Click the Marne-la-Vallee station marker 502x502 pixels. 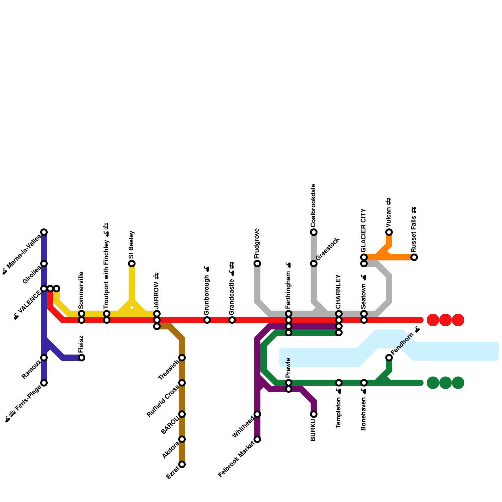point(44,232)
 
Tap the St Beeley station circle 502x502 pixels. point(132,264)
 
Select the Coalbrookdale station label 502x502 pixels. point(313,206)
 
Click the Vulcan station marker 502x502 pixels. point(389,232)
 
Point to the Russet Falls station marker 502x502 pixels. point(414,257)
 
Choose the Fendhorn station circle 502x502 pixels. point(389,358)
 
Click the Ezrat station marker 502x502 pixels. point(182,464)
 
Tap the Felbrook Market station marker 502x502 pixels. point(257,439)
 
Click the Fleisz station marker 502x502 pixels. point(82,358)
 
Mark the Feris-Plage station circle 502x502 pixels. point(44,383)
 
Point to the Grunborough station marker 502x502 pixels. point(207,320)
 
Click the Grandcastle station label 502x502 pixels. point(232,289)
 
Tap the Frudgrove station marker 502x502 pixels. point(257,264)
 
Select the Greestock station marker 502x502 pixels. point(314,264)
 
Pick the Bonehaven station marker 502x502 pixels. point(364,383)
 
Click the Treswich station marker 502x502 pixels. point(182,358)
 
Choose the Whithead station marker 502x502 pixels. point(257,414)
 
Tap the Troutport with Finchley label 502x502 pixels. point(106,266)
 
